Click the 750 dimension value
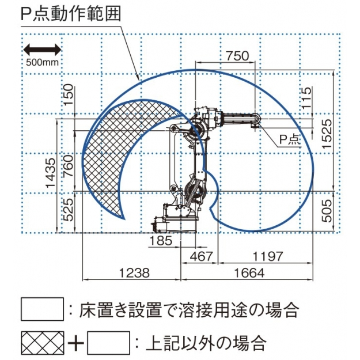pyautogui.click(x=237, y=56)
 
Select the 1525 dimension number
pyautogui.click(x=327, y=134)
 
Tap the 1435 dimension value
pyautogui.click(x=51, y=173)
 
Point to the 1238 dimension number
pyautogui.click(x=134, y=273)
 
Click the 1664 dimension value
pyautogui.click(x=249, y=273)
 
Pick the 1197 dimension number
pyautogui.click(x=268, y=256)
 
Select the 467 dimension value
pyautogui.click(x=202, y=256)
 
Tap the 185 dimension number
pyautogui.click(x=161, y=241)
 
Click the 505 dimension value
pyautogui.click(x=327, y=211)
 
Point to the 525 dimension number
pyautogui.click(x=69, y=210)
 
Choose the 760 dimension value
pyautogui.click(x=69, y=166)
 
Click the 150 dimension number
pyautogui.click(x=69, y=94)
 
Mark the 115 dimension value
pyautogui.click(x=307, y=97)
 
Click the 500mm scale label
pyautogui.click(x=43, y=62)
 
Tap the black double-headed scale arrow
pyautogui.click(x=43, y=50)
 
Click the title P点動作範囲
pyautogui.click(x=71, y=14)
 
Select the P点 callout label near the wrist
pyautogui.click(x=290, y=139)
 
